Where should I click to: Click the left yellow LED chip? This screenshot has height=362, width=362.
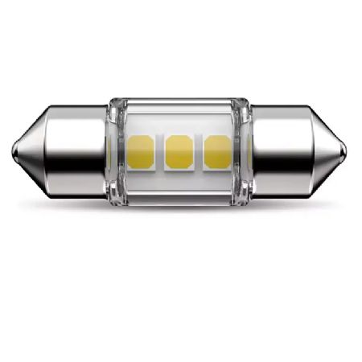tap(139, 151)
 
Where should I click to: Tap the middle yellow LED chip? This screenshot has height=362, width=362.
tap(178, 151)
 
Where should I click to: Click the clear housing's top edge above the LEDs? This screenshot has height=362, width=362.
tap(178, 105)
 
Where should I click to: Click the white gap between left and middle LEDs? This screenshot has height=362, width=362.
tap(158, 151)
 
